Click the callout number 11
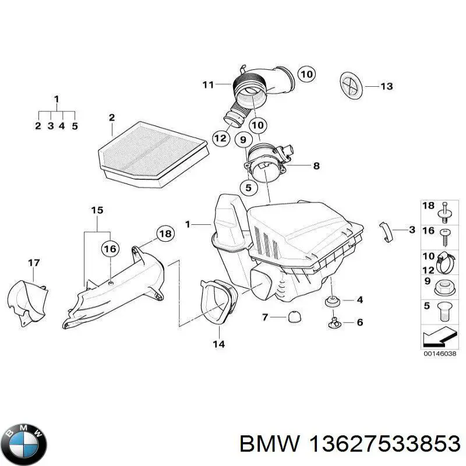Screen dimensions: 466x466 209,85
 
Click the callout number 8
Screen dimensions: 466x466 316,166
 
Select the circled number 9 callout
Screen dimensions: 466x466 243,139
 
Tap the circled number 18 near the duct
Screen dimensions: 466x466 165,234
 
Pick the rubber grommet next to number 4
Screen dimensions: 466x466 332,301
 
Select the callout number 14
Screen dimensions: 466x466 218,344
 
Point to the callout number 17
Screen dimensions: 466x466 34,263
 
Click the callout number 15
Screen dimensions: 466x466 97,210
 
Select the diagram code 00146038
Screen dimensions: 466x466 440,353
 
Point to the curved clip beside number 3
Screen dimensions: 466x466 383,231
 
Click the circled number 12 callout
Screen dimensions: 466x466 220,139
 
